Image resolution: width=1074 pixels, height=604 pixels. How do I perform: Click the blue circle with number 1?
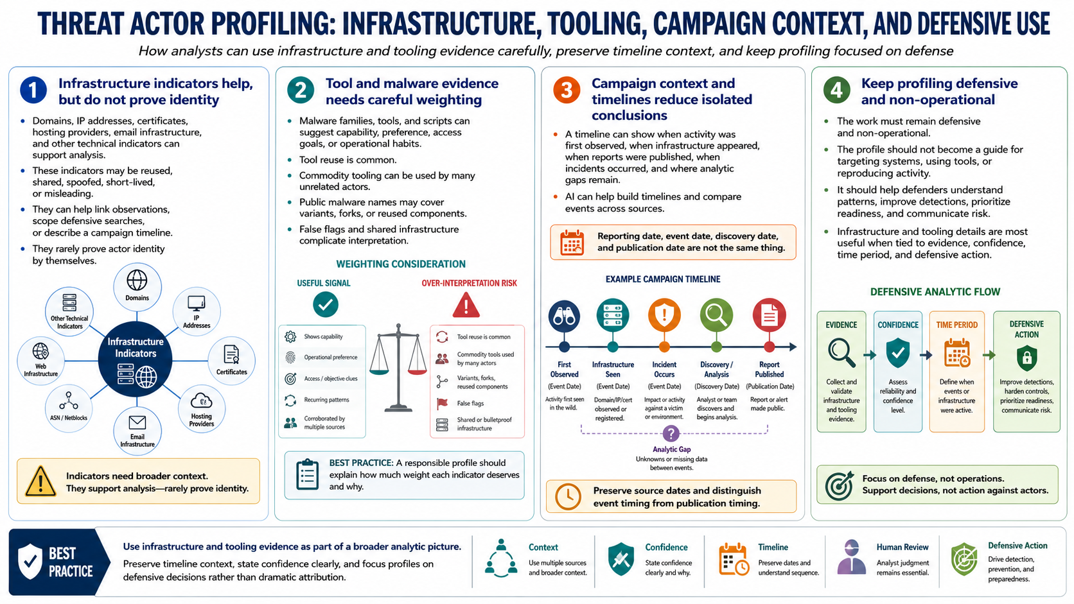pyautogui.click(x=33, y=90)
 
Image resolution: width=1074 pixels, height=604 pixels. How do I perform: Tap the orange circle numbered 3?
pyautogui.click(x=567, y=90)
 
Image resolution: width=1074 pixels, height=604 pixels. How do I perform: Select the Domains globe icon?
pyautogui.click(x=137, y=280)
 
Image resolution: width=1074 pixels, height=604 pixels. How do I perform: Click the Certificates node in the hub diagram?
pyautogui.click(x=232, y=361)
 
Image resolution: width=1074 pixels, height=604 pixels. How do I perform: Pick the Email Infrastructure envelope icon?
pyautogui.click(x=137, y=422)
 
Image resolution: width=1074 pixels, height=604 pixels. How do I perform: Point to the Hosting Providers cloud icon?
pyautogui.click(x=202, y=401)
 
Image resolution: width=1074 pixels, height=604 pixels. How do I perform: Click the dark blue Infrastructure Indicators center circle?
pyautogui.click(x=135, y=359)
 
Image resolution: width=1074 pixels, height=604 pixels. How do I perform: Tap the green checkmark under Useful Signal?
pyautogui.click(x=326, y=305)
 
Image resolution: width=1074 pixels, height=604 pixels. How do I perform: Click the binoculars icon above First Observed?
pyautogui.click(x=565, y=316)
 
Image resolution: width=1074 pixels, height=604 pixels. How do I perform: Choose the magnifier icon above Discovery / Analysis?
pyautogui.click(x=716, y=315)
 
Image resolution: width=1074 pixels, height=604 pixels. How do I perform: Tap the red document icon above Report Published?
pyautogui.click(x=769, y=315)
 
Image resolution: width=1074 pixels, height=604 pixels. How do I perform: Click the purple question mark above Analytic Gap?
pyautogui.click(x=671, y=433)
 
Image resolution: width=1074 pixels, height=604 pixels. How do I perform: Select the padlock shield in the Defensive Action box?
pyautogui.click(x=1026, y=358)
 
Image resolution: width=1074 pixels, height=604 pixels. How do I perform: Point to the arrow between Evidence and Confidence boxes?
pyautogui.click(x=869, y=355)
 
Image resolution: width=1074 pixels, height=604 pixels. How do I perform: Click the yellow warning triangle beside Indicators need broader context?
pyautogui.click(x=40, y=481)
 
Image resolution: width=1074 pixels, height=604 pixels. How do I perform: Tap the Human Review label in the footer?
pyautogui.click(x=902, y=547)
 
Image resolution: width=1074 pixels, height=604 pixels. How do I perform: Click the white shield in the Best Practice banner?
pyautogui.click(x=30, y=562)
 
